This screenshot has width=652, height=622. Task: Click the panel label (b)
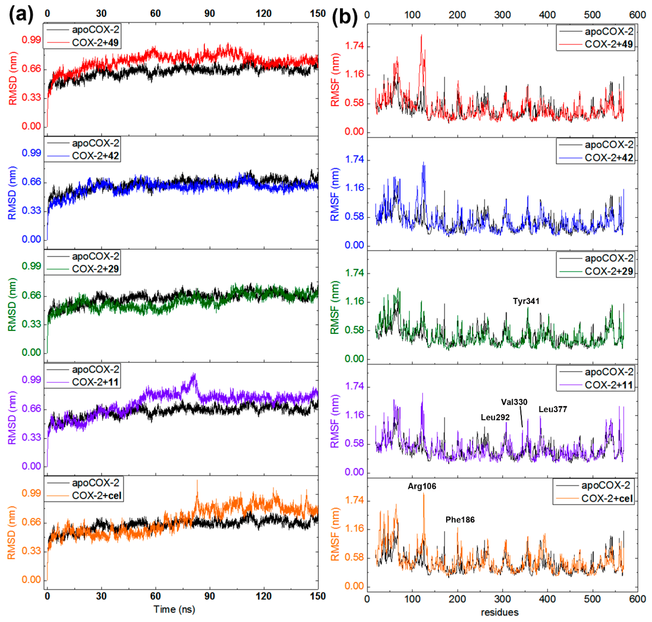(344, 16)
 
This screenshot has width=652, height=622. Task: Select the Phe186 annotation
(460, 520)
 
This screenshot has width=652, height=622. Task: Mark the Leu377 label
(552, 409)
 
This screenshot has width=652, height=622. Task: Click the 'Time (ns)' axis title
(174, 609)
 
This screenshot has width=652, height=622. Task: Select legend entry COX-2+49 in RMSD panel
(95, 43)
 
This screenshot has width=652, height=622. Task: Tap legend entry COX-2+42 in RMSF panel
(608, 158)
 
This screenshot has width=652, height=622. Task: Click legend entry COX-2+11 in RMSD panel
(95, 382)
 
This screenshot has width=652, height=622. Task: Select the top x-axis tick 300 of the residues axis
(502, 15)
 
